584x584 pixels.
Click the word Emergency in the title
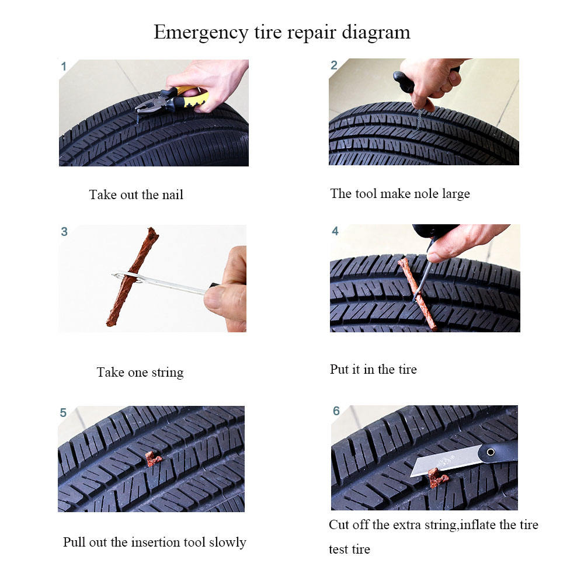pyautogui.click(x=201, y=33)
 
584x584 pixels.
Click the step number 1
pyautogui.click(x=64, y=67)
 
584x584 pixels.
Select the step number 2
pyautogui.click(x=334, y=65)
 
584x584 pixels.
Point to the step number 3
pyautogui.click(x=64, y=231)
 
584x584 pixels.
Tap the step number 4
pyautogui.click(x=335, y=231)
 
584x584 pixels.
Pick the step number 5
pyautogui.click(x=63, y=412)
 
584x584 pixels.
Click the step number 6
pyautogui.click(x=336, y=411)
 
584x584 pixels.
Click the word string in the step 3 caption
pyautogui.click(x=167, y=373)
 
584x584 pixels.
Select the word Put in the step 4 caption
pyautogui.click(x=339, y=369)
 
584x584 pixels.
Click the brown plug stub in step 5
pyautogui.click(x=153, y=459)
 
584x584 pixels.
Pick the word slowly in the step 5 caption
pyautogui.click(x=227, y=543)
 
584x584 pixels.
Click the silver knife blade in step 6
pyautogui.click(x=445, y=460)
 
